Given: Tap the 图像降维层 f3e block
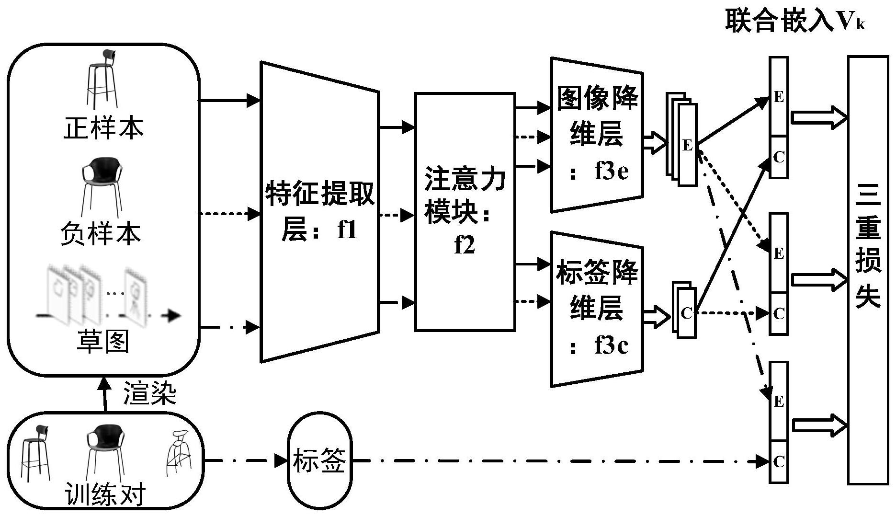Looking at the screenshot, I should click(597, 134).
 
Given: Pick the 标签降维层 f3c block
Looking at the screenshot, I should click(597, 309).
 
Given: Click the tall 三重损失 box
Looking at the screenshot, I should click(868, 270).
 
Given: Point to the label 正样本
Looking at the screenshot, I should click(103, 128).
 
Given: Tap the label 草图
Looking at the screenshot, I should click(103, 341).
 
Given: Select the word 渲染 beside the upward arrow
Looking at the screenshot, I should click(150, 393).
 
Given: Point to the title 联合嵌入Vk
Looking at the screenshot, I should click(795, 22).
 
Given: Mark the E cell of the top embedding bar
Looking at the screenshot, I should click(779, 97).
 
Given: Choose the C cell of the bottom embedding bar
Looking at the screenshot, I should click(779, 461).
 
